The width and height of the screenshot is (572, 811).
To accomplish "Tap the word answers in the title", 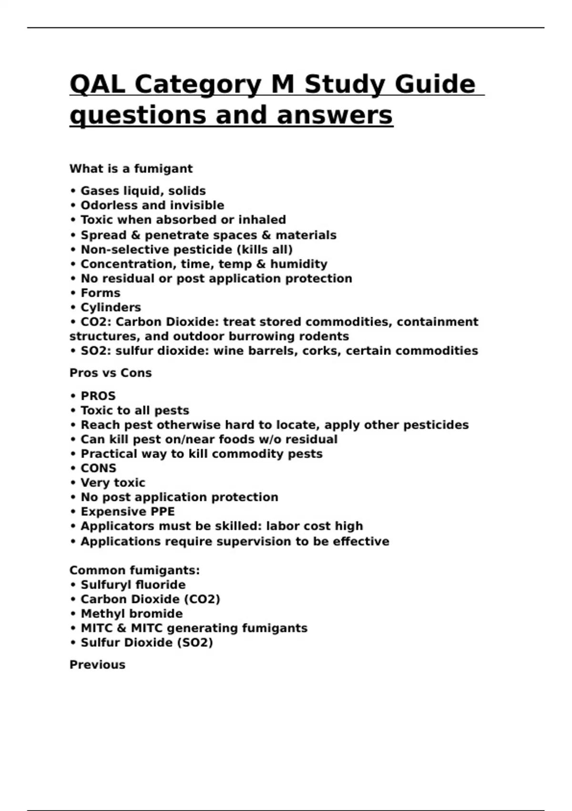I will point(335,115).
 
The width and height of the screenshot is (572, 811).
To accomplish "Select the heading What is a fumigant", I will point(131,169).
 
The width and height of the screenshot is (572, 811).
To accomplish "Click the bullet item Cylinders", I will point(111,308).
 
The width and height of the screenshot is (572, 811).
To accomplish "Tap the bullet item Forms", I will point(100,293).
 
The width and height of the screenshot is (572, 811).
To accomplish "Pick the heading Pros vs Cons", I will point(111,373).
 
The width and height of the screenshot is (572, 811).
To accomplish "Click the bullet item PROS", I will point(98,396).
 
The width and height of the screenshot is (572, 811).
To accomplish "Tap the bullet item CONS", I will point(98,468).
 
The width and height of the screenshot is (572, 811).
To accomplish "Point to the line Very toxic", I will point(112,483).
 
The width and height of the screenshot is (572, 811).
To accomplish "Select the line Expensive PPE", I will point(127,512).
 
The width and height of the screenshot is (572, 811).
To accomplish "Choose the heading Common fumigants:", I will point(134,571).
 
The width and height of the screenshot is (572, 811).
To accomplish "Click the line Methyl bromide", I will point(132,614).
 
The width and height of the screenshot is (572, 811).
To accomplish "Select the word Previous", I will point(97,665).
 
